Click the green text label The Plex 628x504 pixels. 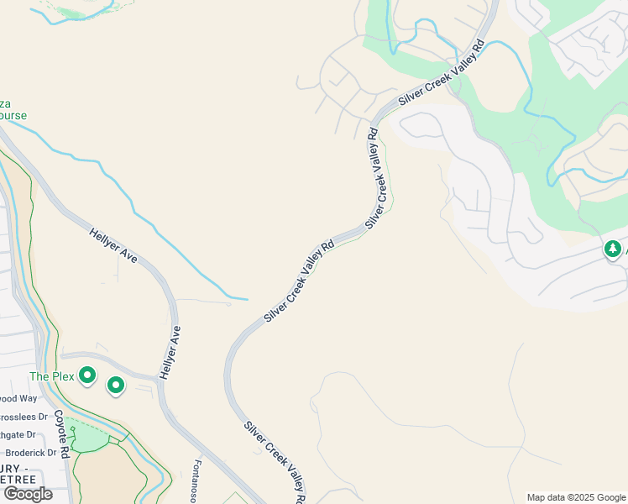click(x=52, y=375)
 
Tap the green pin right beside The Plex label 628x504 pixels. click(x=86, y=375)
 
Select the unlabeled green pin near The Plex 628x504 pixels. click(x=116, y=386)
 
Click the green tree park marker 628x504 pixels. click(x=612, y=249)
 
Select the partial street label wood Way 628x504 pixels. click(x=18, y=398)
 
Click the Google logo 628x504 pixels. click(x=28, y=494)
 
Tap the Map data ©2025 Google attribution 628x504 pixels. click(x=575, y=497)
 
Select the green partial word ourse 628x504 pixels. click(x=13, y=116)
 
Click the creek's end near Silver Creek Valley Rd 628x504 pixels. click(x=247, y=298)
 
